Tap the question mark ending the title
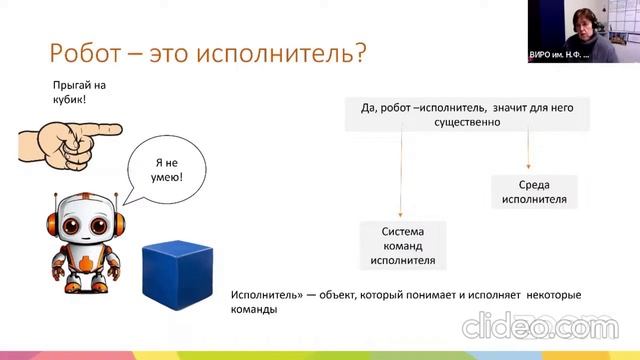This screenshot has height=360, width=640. pyautogui.click(x=356, y=53)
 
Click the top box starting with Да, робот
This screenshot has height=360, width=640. pyautogui.click(x=467, y=113)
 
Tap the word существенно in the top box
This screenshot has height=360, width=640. pyautogui.click(x=467, y=122)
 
